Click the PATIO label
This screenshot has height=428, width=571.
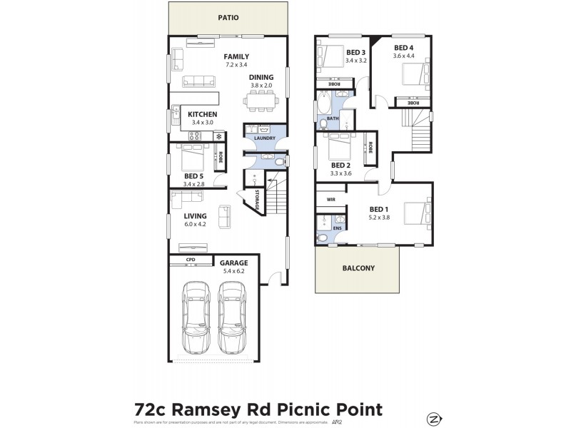(x=228, y=18)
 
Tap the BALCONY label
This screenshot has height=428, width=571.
(x=359, y=268)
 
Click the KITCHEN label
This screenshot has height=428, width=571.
(x=202, y=114)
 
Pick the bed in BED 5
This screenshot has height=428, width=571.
(x=191, y=156)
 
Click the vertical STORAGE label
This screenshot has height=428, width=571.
(x=256, y=197)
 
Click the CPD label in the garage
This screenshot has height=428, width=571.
(x=191, y=260)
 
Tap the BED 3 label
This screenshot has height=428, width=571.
(x=355, y=53)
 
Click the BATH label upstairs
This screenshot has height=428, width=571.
(x=333, y=118)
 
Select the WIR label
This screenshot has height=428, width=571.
(x=330, y=200)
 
